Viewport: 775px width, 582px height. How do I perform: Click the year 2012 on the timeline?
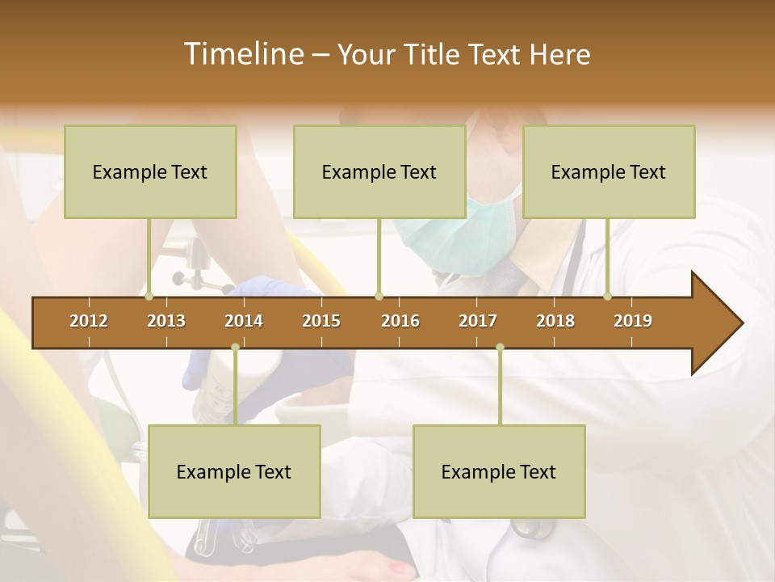[x=89, y=321]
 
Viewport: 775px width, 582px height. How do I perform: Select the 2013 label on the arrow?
[x=166, y=321]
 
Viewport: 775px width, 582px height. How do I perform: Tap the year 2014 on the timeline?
[x=244, y=321]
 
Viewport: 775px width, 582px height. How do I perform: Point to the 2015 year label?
[x=321, y=321]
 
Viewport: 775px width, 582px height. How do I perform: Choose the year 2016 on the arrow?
[x=400, y=321]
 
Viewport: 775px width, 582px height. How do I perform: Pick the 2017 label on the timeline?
[x=478, y=321]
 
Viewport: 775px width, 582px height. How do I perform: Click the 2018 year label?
[x=555, y=321]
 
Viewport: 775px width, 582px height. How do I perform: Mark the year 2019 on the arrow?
[x=633, y=321]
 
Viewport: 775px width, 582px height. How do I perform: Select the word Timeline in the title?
[x=241, y=54]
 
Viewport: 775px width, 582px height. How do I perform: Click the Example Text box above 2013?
[x=150, y=171]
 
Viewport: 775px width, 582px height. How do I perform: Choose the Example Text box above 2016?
[x=379, y=171]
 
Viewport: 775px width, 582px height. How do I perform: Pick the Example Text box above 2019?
[x=609, y=171]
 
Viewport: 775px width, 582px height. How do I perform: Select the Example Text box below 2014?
[x=234, y=471]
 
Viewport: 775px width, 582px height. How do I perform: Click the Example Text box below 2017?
[x=499, y=471]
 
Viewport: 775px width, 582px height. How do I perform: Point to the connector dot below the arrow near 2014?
[x=235, y=348]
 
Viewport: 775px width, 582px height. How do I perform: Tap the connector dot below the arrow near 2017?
[x=500, y=348]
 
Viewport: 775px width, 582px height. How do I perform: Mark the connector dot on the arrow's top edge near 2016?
[x=379, y=297]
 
